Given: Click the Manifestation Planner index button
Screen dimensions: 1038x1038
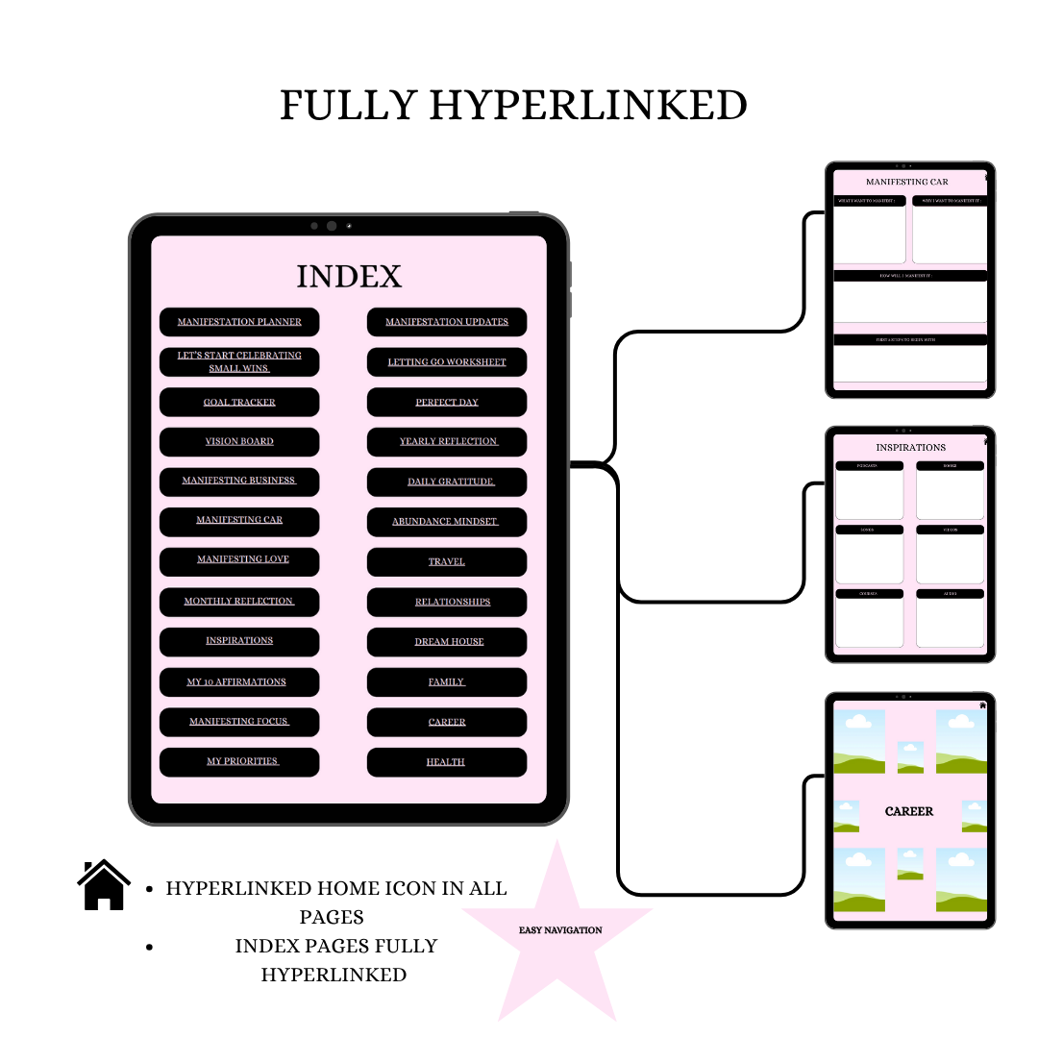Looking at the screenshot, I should pos(239,322).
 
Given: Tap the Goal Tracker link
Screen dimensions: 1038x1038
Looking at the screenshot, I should pos(239,403).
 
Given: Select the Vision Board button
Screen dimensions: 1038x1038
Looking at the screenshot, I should pos(239,442).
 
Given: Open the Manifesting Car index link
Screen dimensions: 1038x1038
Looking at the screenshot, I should pos(239,521).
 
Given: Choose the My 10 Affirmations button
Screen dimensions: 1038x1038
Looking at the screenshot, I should pos(239,682).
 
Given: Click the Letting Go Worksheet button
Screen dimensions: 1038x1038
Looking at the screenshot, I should pos(447,362).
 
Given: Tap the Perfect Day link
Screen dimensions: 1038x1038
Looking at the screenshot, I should pos(447,403).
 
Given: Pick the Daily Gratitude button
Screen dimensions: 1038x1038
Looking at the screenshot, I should pos(447,482).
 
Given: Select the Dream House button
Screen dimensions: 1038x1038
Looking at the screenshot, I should pos(447,642).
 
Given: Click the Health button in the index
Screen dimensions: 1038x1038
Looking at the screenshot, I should pos(447,762).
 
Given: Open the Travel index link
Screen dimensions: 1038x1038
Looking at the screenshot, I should pos(447,562).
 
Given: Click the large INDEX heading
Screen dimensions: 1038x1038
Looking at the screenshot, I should pos(349,277).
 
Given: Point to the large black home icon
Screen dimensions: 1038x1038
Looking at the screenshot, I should pos(104,885).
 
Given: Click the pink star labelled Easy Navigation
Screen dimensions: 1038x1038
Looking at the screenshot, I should pos(559,930).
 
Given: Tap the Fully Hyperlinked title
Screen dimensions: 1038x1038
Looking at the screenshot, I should pos(513,105).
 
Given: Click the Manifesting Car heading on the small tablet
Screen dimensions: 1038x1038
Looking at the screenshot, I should pos(906,182).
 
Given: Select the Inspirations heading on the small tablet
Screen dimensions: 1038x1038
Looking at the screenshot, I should pos(910,448).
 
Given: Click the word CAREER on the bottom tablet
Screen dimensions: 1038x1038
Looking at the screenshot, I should pos(909,811).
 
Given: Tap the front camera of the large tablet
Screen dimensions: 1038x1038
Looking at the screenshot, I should pos(332,226).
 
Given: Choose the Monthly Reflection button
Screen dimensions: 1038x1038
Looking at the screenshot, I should pos(239,602).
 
